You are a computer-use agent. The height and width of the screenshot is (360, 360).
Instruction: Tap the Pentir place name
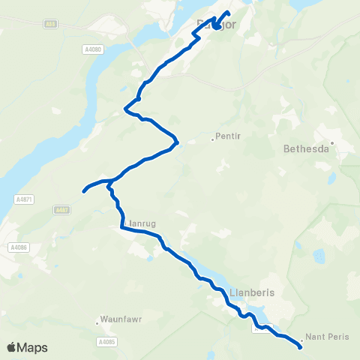[226, 136]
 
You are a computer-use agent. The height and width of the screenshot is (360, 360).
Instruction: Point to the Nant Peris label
[328, 338]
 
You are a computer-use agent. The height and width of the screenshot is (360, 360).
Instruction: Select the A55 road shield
[50, 25]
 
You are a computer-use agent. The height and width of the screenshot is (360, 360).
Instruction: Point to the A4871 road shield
[23, 199]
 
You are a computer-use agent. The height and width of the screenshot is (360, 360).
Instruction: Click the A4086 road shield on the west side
[19, 247]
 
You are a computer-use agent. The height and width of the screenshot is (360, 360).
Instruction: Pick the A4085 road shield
[106, 342]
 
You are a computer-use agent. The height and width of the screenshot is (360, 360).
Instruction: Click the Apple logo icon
[11, 347]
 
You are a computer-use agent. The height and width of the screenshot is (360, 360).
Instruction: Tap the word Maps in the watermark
[32, 347]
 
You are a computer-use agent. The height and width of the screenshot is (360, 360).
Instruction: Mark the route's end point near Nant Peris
[301, 346]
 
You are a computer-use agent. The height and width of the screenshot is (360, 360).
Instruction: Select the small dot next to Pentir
[211, 139]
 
